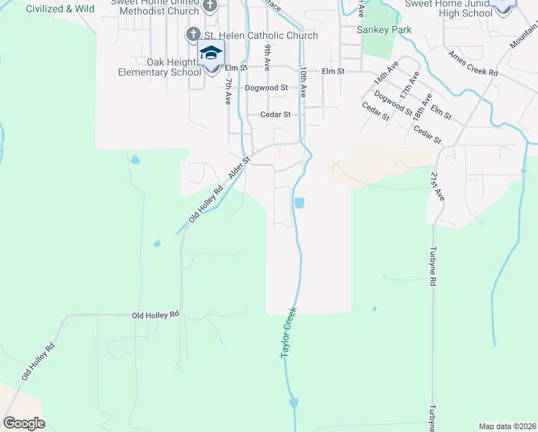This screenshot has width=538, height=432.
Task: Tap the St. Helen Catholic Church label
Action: coord(262,35)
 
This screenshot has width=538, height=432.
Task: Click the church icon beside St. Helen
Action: coord(193,35)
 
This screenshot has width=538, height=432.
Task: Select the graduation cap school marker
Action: coord(211,53)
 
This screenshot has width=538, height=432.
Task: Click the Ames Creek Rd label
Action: coord(473,63)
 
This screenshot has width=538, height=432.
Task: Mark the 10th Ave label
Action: coord(304,82)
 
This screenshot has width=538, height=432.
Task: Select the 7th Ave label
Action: coord(227,90)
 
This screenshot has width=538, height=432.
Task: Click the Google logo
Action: coord(24,423)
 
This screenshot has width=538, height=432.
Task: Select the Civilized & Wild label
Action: coord(60,9)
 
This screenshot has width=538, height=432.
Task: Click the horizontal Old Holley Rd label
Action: coord(155,315)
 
